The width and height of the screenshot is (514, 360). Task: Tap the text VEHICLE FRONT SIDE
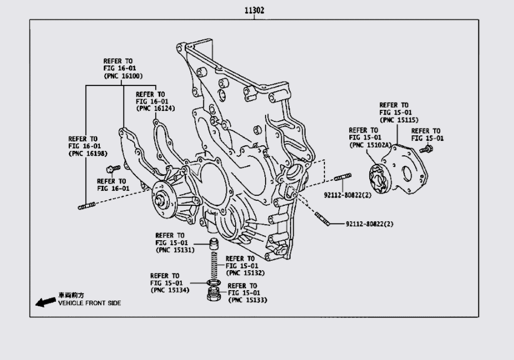tap(89, 303)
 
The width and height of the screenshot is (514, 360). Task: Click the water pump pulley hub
tap(164, 201)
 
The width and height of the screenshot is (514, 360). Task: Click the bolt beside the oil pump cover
tap(426, 149)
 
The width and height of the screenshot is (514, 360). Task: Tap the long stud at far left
tap(88, 207)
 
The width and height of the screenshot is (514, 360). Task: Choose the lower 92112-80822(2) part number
tap(372, 224)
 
